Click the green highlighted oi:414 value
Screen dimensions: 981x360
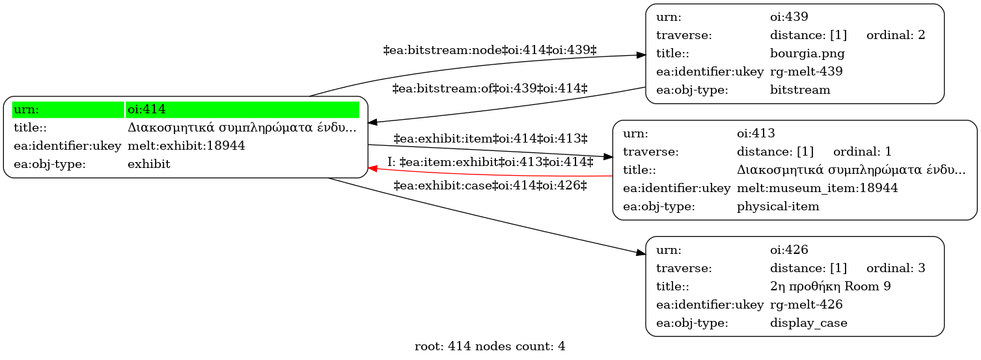click(x=242, y=109)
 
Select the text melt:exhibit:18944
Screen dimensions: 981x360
click(x=186, y=146)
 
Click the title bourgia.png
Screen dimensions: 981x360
click(x=807, y=53)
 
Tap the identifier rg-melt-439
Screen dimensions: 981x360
click(x=807, y=72)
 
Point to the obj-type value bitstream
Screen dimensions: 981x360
click(x=800, y=90)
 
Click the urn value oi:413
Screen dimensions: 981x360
click(x=756, y=133)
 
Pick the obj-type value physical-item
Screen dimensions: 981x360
click(x=778, y=206)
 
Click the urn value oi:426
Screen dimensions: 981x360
click(x=789, y=249)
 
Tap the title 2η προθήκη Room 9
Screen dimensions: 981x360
click(x=831, y=286)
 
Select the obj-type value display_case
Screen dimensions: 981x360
click(x=808, y=323)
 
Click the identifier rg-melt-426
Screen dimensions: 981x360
click(x=807, y=305)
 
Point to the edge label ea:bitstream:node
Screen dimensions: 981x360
click(x=490, y=50)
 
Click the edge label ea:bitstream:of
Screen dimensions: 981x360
click(x=490, y=89)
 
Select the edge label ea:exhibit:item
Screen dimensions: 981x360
click(x=490, y=139)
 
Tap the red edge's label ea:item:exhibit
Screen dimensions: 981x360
click(x=490, y=162)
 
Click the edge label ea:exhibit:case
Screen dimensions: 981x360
click(x=490, y=186)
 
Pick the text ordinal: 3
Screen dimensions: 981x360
click(x=896, y=268)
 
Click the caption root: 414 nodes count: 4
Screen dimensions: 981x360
click(x=490, y=346)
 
